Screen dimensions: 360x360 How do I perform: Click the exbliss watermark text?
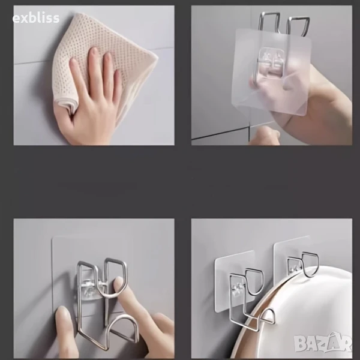(36, 18)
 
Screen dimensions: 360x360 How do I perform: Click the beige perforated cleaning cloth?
(101, 58)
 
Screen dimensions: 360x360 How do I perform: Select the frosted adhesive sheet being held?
(271, 71)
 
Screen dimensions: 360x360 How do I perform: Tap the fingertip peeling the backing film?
(264, 134)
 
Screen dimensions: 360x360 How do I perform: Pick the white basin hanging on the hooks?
(298, 317)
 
